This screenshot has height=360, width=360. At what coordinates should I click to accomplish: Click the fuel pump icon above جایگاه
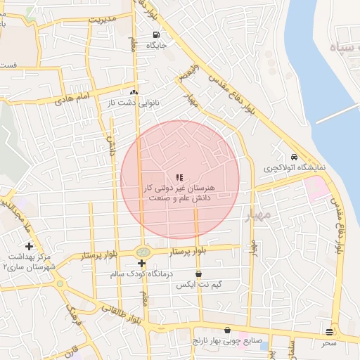[x=155, y=34]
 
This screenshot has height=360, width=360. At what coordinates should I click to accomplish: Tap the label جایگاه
[x=155, y=45]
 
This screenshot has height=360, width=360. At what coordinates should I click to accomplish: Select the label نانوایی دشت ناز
[x=133, y=103]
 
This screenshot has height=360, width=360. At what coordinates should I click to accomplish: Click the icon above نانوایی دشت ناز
[x=133, y=92]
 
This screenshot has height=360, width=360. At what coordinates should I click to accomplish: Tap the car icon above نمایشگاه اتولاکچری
[x=293, y=157]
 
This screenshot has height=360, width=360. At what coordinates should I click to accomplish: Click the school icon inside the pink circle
[x=179, y=177]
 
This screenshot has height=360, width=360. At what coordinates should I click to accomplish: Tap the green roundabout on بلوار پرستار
[x=143, y=251]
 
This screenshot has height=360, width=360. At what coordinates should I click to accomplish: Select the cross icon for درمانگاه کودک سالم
[x=141, y=263]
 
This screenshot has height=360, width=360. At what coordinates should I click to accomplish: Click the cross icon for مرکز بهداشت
[x=29, y=246]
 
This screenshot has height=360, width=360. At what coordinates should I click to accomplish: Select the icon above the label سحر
[x=330, y=332]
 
